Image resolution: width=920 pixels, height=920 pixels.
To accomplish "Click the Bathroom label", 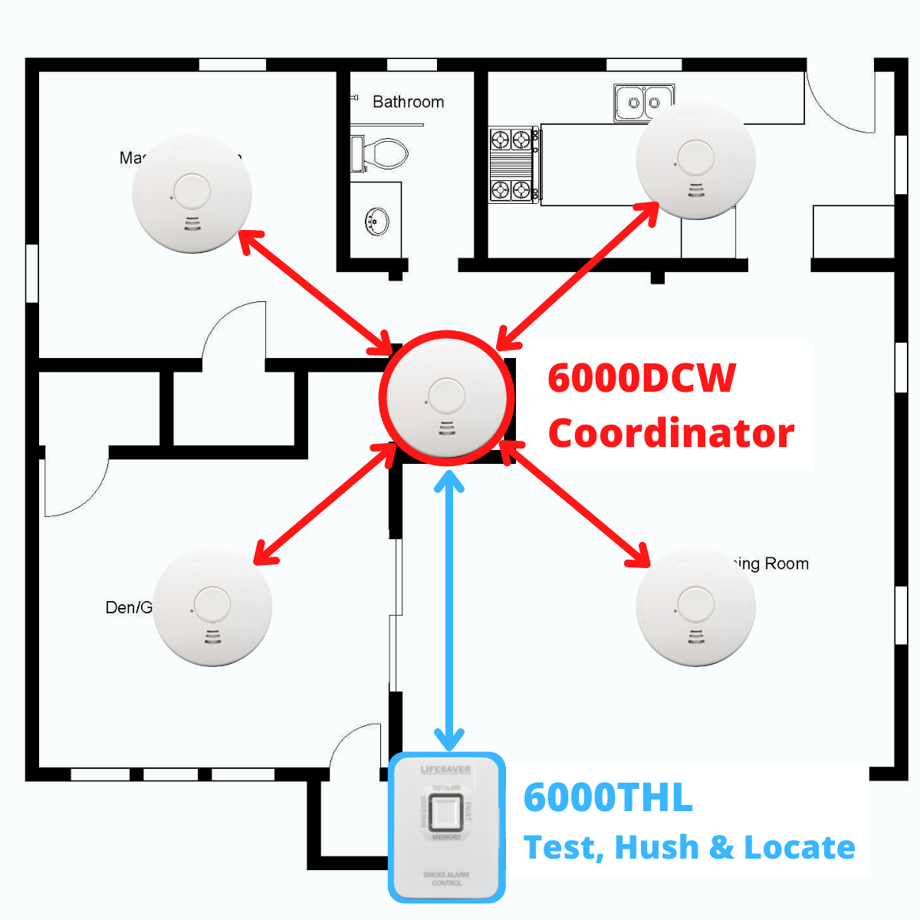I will [408, 102].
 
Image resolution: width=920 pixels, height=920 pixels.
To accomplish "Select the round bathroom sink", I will [376, 222].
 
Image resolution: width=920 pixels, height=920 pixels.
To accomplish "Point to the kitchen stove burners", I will [511, 164].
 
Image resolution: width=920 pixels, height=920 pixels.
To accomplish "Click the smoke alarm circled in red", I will [446, 398].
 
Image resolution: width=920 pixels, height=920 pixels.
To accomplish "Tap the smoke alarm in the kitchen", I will [695, 159].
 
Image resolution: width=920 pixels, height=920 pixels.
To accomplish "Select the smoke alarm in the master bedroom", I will [192, 193].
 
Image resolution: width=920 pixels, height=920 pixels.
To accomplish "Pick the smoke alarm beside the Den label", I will [212, 606].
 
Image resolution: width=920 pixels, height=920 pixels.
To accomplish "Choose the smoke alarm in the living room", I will [695, 606].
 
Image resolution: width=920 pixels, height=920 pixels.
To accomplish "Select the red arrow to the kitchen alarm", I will [578, 275].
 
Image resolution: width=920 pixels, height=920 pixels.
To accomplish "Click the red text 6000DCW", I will [642, 378].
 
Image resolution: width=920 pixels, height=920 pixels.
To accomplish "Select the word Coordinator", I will [671, 433].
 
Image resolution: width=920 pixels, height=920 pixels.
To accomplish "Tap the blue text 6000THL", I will [608, 798].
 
